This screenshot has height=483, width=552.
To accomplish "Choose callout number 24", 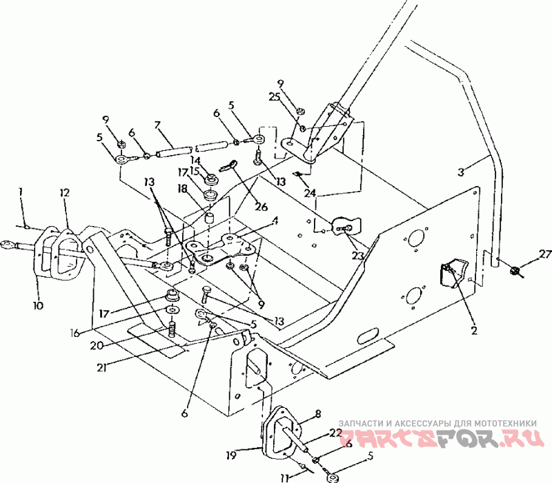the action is point(312,195).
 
